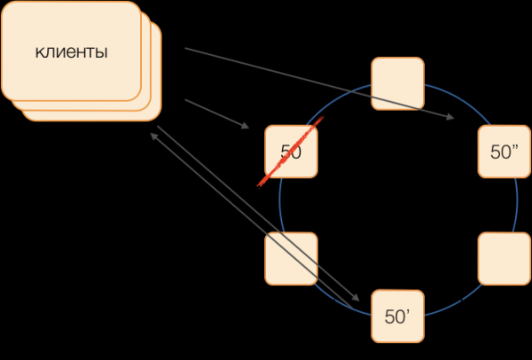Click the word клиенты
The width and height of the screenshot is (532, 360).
(x=72, y=52)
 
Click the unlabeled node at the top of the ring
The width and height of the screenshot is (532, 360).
(x=397, y=83)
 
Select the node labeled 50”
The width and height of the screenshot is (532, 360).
(x=504, y=152)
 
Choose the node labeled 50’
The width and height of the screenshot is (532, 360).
(x=397, y=316)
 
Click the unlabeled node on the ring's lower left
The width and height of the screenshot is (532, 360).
(x=291, y=258)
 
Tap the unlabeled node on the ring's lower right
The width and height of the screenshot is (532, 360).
(x=504, y=258)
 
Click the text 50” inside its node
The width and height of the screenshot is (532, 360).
(x=504, y=152)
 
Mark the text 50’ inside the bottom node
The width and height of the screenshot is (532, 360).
(x=396, y=316)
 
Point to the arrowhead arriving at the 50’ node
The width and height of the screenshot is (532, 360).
(x=356, y=298)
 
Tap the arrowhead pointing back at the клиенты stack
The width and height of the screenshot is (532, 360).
(x=156, y=134)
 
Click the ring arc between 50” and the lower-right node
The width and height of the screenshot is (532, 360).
(x=517, y=205)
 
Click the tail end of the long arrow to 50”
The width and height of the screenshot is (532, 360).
(x=187, y=50)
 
